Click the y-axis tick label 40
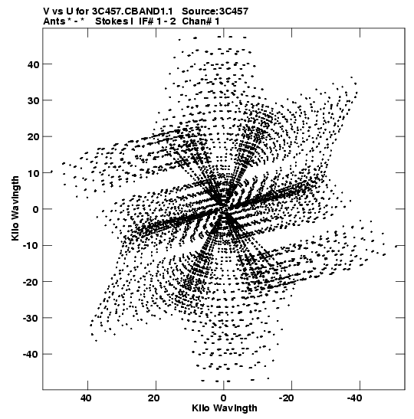click(33, 64)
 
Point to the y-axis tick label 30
click(33, 100)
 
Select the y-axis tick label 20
click(33, 137)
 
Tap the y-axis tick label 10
click(33, 173)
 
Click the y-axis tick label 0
click(36, 209)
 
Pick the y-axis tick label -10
click(31, 246)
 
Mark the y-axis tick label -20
click(31, 282)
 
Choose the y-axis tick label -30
click(31, 318)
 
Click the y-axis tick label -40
click(31, 355)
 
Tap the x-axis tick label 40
click(86, 398)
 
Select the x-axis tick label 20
click(154, 398)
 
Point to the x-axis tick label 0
click(223, 398)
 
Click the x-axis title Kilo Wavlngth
click(225, 408)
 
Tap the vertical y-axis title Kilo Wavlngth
click(15, 208)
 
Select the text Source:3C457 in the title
click(215, 11)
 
